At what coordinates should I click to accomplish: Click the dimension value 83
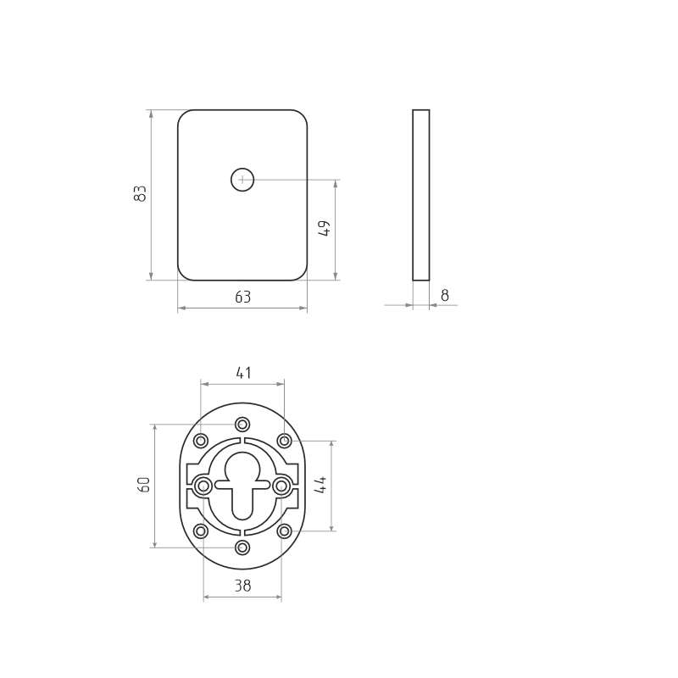point(142,193)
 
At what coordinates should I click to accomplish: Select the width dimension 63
point(242,297)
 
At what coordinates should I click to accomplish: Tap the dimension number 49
point(325,228)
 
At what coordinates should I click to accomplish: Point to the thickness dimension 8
point(445,296)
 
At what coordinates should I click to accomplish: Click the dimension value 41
point(243,373)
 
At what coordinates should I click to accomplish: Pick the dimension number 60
point(144,485)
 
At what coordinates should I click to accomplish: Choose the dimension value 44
point(320,485)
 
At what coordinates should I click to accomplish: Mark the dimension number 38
point(242,586)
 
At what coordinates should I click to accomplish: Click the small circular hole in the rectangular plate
point(242,180)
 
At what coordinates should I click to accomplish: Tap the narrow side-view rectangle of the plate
point(420,194)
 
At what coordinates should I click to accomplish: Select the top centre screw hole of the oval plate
point(243,425)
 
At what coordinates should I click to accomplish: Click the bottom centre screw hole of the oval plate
point(243,547)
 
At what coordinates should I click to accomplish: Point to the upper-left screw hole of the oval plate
point(201,441)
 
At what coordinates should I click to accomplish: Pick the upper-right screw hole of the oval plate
point(285,441)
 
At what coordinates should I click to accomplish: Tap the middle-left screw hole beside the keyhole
point(203,486)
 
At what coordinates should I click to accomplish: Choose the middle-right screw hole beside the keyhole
point(282,486)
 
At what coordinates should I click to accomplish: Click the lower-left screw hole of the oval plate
point(201,531)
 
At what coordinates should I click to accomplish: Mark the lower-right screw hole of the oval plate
point(285,531)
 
